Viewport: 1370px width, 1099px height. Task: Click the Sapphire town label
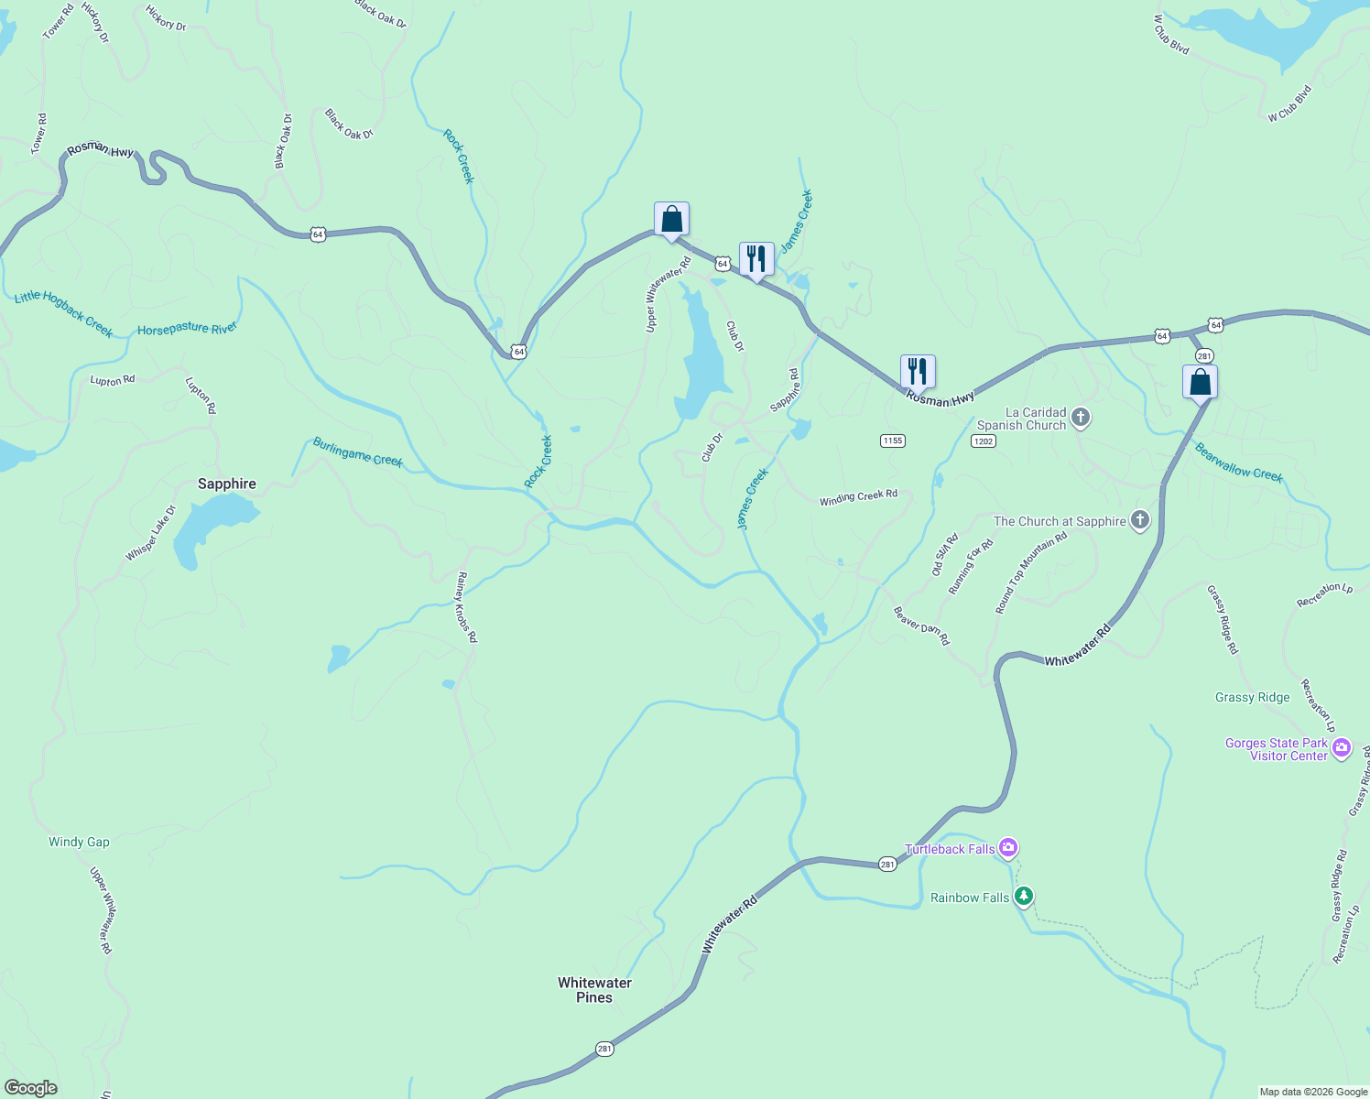pyautogui.click(x=227, y=484)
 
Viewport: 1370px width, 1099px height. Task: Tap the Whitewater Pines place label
pyautogui.click(x=594, y=990)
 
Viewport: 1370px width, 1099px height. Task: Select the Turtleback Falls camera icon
pyautogui.click(x=1008, y=848)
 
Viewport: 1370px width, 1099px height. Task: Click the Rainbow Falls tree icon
pyautogui.click(x=1024, y=897)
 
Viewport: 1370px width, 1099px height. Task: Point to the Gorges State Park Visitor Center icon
pyautogui.click(x=1342, y=748)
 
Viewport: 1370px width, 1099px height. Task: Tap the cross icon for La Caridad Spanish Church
pyautogui.click(x=1081, y=419)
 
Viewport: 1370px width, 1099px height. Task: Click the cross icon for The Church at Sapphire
pyautogui.click(x=1140, y=521)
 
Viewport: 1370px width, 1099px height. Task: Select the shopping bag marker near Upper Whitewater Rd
pyautogui.click(x=671, y=220)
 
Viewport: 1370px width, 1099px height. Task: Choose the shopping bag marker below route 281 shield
pyautogui.click(x=1200, y=382)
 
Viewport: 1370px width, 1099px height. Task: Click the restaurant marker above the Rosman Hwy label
pyautogui.click(x=918, y=372)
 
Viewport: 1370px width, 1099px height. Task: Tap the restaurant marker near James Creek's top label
pyautogui.click(x=756, y=259)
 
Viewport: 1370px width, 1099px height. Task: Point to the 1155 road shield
pyautogui.click(x=893, y=441)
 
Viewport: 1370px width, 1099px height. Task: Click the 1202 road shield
pyautogui.click(x=983, y=441)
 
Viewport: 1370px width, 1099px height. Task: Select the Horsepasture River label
pyautogui.click(x=187, y=329)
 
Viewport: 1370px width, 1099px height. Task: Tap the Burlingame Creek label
pyautogui.click(x=358, y=452)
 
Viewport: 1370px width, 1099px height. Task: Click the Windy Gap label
pyautogui.click(x=79, y=842)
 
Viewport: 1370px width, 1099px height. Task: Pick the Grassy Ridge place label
pyautogui.click(x=1252, y=697)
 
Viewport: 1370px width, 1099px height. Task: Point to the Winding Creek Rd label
pyautogui.click(x=858, y=497)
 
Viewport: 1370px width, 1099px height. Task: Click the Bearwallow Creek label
pyautogui.click(x=1239, y=462)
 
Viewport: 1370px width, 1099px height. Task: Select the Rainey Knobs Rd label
pyautogui.click(x=467, y=606)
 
